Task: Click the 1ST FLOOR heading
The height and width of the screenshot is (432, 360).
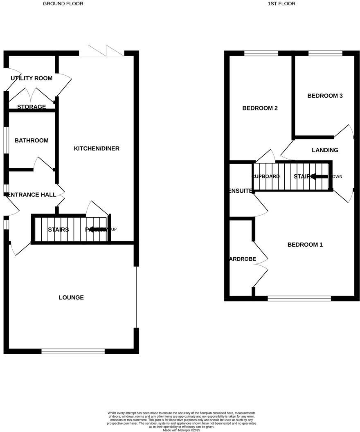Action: pyautogui.click(x=281, y=4)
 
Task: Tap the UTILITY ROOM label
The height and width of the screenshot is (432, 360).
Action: pyautogui.click(x=32, y=78)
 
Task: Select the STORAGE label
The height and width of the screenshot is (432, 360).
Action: pyautogui.click(x=32, y=107)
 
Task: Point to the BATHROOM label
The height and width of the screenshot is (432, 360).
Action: pyautogui.click(x=32, y=141)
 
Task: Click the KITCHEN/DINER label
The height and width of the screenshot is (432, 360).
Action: pyautogui.click(x=97, y=148)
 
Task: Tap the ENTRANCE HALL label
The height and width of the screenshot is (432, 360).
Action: pyautogui.click(x=32, y=195)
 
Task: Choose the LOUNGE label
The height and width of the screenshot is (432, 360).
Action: pyautogui.click(x=71, y=297)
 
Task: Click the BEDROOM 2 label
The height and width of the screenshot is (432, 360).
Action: pyautogui.click(x=260, y=108)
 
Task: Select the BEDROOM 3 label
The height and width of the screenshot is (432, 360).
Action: pyautogui.click(x=325, y=96)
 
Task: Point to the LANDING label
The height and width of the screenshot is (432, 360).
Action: pyautogui.click(x=325, y=150)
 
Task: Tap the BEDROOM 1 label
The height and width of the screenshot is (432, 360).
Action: pyautogui.click(x=305, y=245)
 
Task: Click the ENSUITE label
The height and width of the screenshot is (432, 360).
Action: pyautogui.click(x=240, y=191)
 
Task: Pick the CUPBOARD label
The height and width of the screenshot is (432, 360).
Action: pyautogui.click(x=266, y=177)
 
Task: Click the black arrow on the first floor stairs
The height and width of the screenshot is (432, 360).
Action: pyautogui.click(x=319, y=176)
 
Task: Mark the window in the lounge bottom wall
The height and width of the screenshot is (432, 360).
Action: pyautogui.click(x=73, y=351)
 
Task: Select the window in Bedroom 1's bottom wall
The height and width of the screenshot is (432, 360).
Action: pyautogui.click(x=299, y=299)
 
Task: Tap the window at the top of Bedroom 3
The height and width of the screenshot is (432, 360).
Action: pyautogui.click(x=325, y=53)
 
